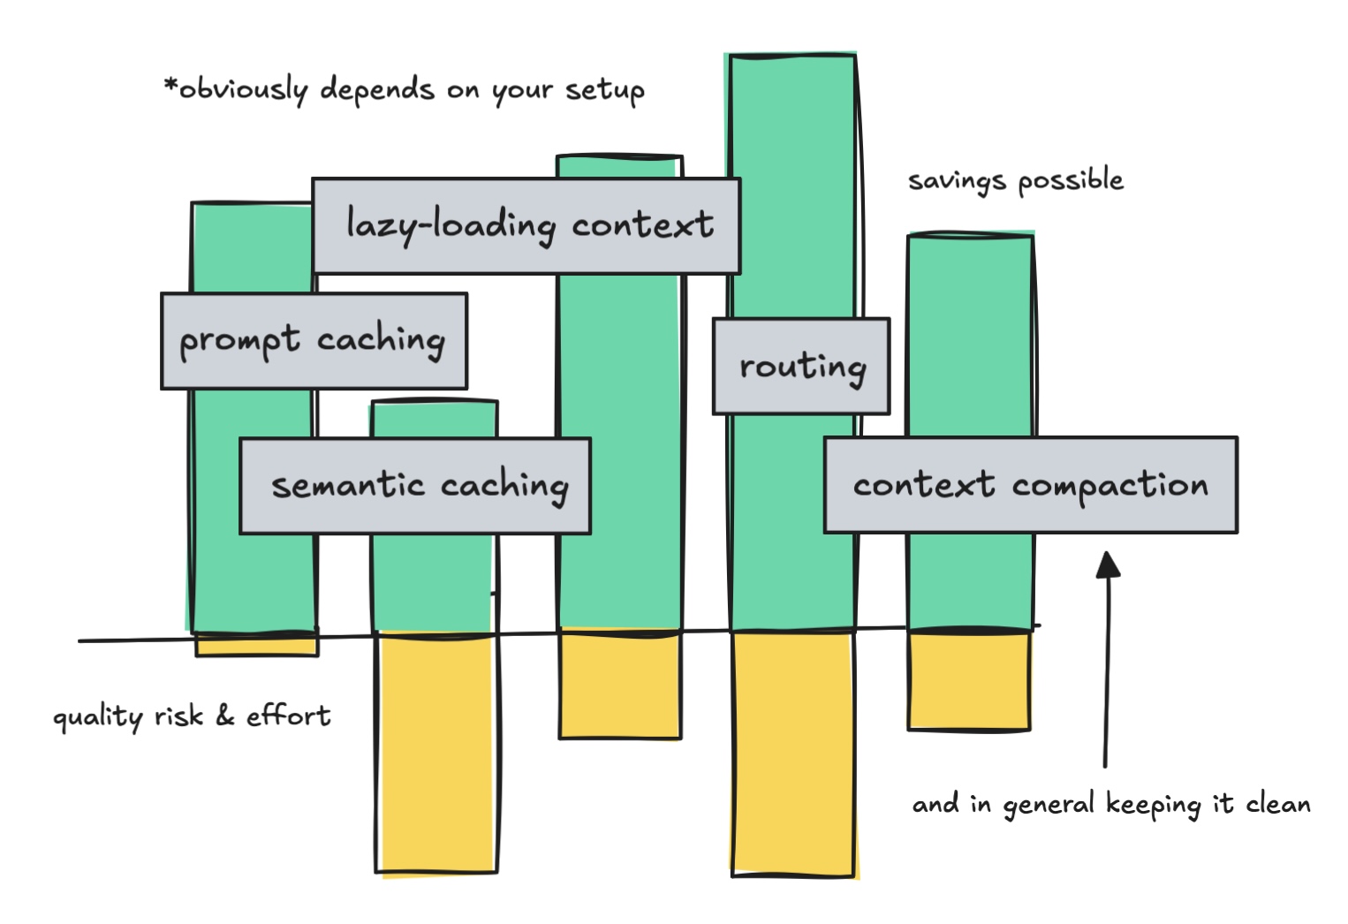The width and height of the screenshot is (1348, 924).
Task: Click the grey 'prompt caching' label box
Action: [x=314, y=341]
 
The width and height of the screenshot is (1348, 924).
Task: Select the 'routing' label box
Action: [x=800, y=366]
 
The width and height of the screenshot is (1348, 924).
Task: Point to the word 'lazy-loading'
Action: [x=451, y=225]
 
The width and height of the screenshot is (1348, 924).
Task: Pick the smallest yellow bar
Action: [x=256, y=645]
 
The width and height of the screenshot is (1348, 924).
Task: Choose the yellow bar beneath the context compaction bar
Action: [x=969, y=680]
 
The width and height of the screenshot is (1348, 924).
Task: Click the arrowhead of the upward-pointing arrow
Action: [x=1108, y=564]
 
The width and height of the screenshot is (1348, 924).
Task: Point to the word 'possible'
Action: [x=1071, y=181]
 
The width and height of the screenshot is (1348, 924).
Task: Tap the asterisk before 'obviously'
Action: [x=170, y=86]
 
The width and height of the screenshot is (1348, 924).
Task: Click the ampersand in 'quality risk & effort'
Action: [x=225, y=716]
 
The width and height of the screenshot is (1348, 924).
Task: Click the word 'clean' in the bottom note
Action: [x=1278, y=804]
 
